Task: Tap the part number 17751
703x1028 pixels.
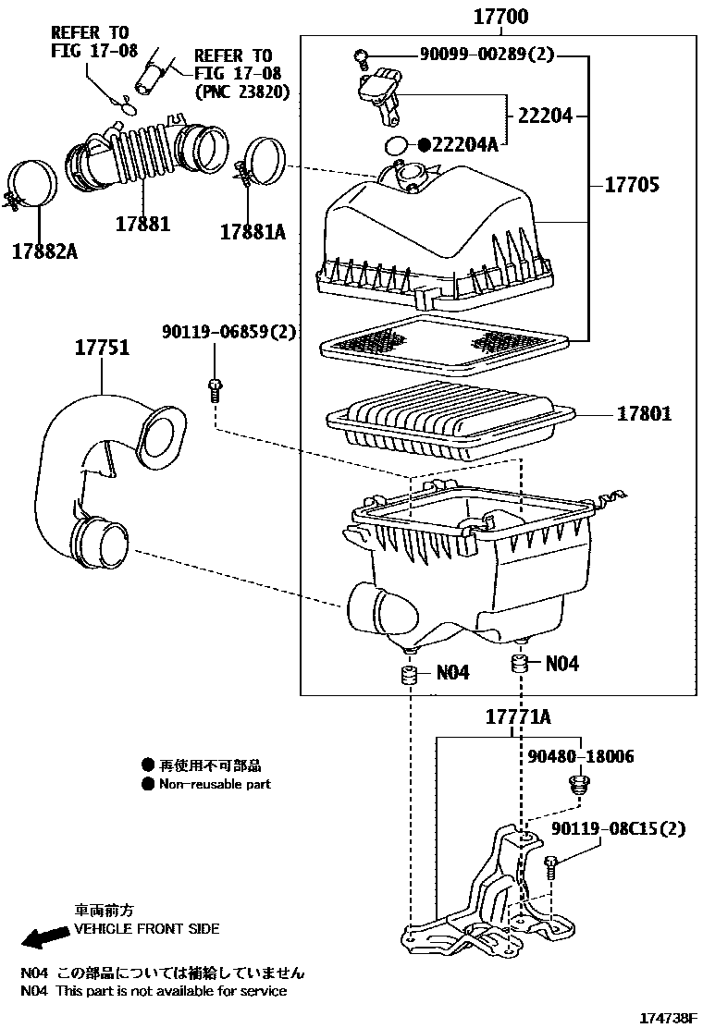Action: coord(102,349)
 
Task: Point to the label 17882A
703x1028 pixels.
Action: coord(43,251)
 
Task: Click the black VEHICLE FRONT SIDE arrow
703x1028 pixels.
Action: coord(43,939)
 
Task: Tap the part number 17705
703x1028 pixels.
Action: coord(632,185)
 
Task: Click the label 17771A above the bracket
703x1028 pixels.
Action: coord(519,717)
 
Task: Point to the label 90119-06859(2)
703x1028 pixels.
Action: coord(228,332)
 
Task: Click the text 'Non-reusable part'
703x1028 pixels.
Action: coord(215,784)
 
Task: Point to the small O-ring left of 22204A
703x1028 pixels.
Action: coord(396,145)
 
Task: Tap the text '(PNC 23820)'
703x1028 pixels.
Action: coord(242,92)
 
